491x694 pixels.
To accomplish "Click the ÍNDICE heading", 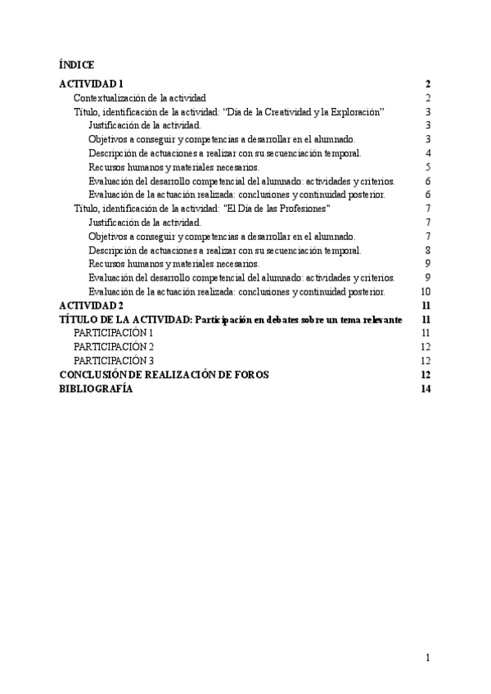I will pos(77,64).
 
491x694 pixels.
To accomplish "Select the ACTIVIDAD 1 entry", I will pos(91,83).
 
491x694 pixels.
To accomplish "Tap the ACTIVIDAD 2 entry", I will pos(91,305).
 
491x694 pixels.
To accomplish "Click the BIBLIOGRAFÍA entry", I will pos(96,389).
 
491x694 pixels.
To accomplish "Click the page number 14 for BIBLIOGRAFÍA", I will pos(426,389).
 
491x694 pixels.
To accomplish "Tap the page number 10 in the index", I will pos(426,291).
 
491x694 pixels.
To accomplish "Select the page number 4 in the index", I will pos(428,153).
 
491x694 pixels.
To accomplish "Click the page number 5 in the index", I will pos(428,167).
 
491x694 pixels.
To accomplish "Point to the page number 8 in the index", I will pos(428,250).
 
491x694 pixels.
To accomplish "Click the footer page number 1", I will pos(428,657).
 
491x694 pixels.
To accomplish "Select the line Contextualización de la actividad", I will pos(139,97).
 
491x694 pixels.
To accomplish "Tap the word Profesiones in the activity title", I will pos(304,209).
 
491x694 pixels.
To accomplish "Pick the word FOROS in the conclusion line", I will pos(252,375).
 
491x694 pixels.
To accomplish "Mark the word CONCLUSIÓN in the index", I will pos(93,375).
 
